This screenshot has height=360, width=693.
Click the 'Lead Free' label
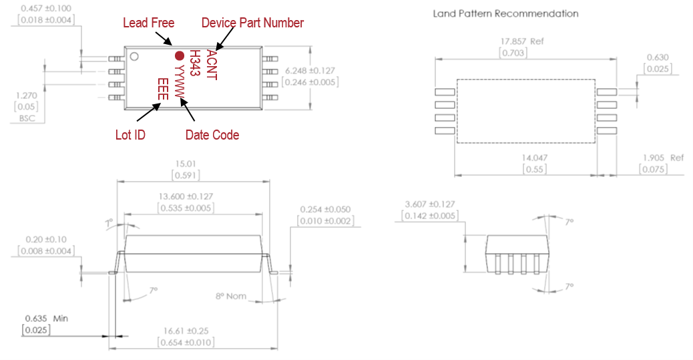coord(148,23)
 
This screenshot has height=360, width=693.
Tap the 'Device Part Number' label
coord(252,23)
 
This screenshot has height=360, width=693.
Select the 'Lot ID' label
coord(130,135)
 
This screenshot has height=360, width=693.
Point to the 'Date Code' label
coord(212,135)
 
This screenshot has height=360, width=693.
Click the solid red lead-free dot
coord(179,56)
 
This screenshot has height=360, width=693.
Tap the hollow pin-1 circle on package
coord(134,56)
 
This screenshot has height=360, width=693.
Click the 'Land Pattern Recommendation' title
coord(505,13)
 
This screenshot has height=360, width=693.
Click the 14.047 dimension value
coord(526,158)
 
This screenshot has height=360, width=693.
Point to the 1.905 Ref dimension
coord(663,158)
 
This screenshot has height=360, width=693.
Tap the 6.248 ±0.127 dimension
coord(310,70)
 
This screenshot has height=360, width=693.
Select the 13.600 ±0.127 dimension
coord(192,198)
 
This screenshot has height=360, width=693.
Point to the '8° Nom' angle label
coord(231,296)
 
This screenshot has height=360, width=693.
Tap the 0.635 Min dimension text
coord(46,319)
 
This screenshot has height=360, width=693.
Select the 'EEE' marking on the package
coord(162,89)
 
